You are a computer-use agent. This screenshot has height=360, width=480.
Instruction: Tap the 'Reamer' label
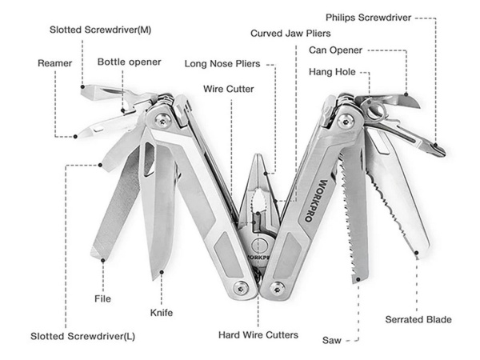coord(54,62)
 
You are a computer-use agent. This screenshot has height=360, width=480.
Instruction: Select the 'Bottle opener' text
coord(129,62)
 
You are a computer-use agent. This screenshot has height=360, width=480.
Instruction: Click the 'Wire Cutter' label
coord(228,89)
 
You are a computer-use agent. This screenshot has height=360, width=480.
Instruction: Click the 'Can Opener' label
coord(335,50)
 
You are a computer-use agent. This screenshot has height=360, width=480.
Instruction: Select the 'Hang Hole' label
coord(332,73)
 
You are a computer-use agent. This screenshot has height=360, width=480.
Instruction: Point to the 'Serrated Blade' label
coord(418,320)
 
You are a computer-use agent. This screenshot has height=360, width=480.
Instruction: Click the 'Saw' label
coord(332,341)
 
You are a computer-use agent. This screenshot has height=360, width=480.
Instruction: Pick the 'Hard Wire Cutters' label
coord(258,334)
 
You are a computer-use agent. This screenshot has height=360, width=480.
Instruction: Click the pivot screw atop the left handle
coord(163,120)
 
